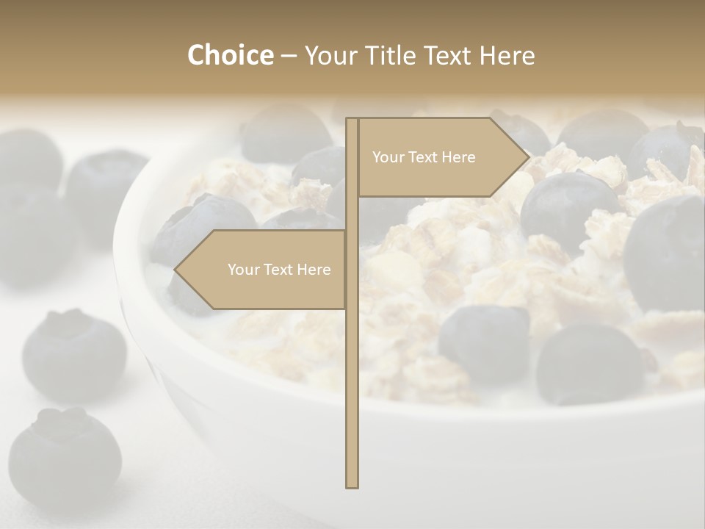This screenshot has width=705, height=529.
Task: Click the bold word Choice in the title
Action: (x=230, y=56)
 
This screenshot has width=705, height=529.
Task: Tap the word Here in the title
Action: (x=507, y=56)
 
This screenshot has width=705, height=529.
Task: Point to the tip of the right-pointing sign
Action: (x=528, y=156)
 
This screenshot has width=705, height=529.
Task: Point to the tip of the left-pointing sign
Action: (x=175, y=270)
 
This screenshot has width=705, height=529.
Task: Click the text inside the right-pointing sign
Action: (x=424, y=157)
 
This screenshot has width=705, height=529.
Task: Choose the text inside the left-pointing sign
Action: (x=279, y=270)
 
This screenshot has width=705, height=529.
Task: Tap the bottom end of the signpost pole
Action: (x=352, y=485)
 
